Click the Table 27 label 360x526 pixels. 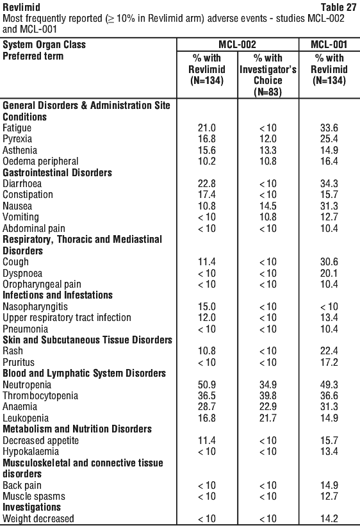[338, 7]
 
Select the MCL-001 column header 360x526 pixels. [329, 45]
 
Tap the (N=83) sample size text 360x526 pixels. [268, 92]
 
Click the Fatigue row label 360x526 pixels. [17, 127]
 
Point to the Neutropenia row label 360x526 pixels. [27, 385]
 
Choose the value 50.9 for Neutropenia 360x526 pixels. [207, 385]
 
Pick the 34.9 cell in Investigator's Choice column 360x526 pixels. [268, 385]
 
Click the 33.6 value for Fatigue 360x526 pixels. [329, 127]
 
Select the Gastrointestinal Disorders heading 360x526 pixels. [58, 172]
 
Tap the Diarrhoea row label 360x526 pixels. [22, 184]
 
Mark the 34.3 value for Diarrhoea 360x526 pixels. [329, 184]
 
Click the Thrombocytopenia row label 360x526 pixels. [40, 396]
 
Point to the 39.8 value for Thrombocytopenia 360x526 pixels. [268, 396]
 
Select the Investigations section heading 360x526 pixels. [32, 507]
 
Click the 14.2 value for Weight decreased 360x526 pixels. [329, 518]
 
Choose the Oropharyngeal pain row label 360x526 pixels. [42, 284]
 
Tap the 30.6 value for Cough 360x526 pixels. [329, 262]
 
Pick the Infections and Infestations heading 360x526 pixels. [58, 295]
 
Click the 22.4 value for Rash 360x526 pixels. [329, 351]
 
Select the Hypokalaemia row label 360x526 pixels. [31, 452]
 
